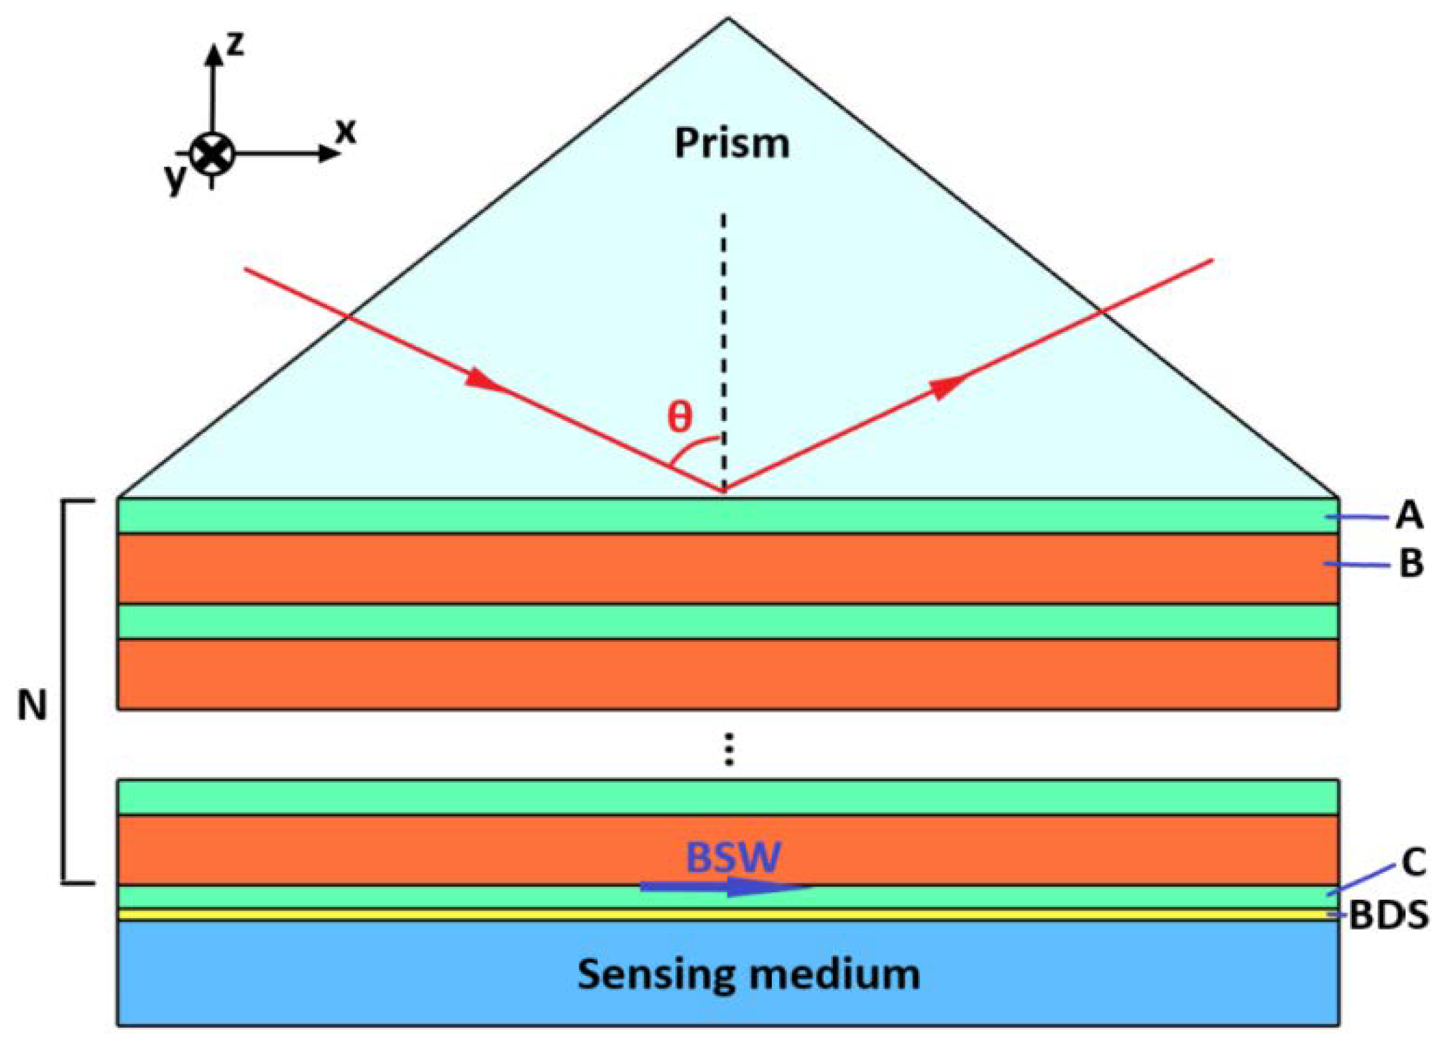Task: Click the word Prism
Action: [x=732, y=144]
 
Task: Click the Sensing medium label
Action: [x=749, y=973]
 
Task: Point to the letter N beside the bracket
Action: [x=31, y=705]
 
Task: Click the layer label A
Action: [x=1409, y=515]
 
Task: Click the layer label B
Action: [x=1411, y=563]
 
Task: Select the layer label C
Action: [x=1414, y=863]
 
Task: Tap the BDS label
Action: [x=1389, y=915]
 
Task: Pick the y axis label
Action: [x=175, y=178]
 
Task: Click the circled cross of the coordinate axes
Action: [x=212, y=154]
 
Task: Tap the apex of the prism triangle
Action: [x=728, y=20]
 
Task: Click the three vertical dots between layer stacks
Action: [x=729, y=749]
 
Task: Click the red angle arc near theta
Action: [x=690, y=448]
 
